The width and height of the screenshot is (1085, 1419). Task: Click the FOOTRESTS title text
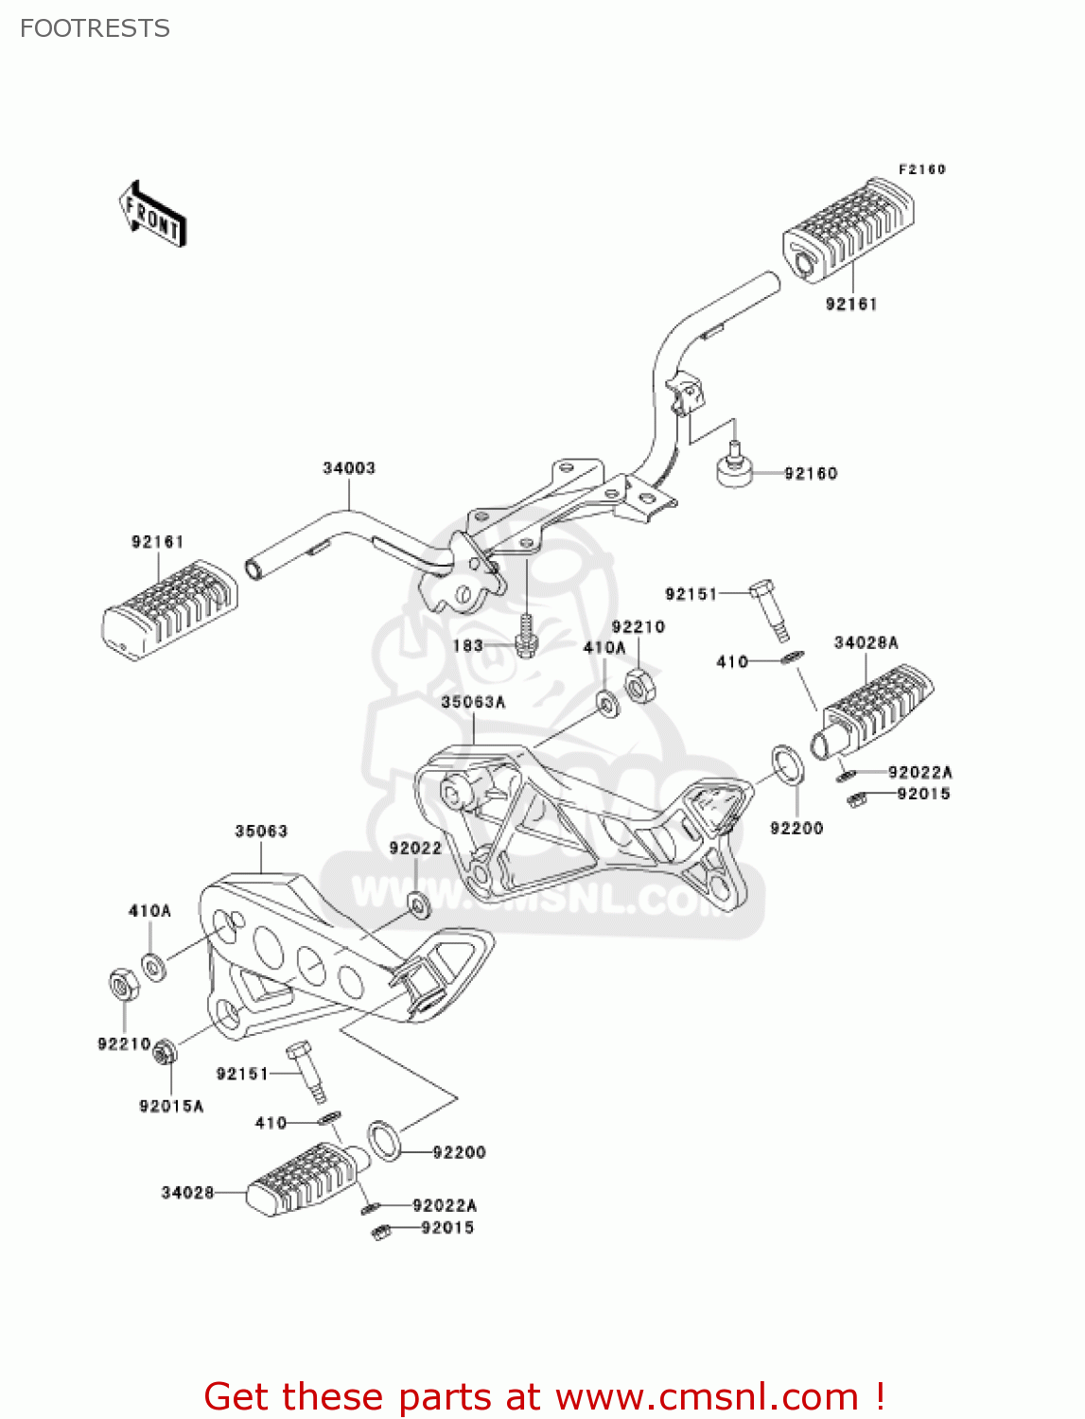click(95, 28)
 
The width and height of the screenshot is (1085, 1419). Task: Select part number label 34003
click(349, 468)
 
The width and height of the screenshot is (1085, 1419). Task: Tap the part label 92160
click(811, 473)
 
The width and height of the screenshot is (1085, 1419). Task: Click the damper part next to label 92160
click(735, 469)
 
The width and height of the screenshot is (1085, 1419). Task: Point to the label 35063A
click(473, 702)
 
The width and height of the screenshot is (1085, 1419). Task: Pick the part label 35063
click(261, 832)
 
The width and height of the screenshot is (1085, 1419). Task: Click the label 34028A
click(866, 643)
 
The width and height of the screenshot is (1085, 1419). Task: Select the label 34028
click(187, 1193)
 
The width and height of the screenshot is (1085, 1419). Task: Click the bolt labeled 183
click(527, 639)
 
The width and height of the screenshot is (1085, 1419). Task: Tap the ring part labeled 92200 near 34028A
click(787, 765)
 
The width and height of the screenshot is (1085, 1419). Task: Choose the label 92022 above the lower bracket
click(415, 849)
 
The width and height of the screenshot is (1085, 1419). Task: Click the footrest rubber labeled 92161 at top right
click(847, 230)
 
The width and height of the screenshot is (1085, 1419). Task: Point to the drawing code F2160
click(921, 169)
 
